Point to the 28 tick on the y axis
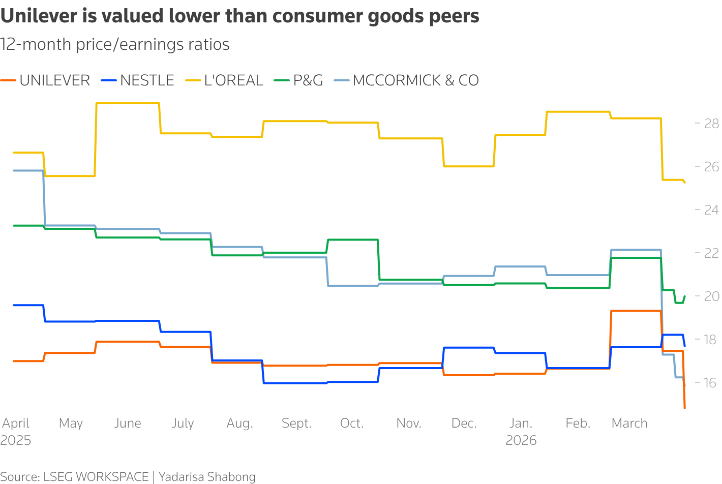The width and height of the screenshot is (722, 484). (711, 124)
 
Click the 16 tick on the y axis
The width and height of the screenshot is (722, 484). (711, 383)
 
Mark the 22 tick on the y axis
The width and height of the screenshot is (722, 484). (711, 253)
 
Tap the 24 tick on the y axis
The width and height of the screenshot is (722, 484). (711, 210)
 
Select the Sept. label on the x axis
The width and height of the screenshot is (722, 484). (296, 423)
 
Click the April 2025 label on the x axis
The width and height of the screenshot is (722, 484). (16, 431)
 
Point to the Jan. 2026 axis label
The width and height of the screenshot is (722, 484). (521, 431)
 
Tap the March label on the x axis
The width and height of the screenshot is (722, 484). (629, 423)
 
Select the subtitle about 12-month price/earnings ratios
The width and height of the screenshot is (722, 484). (115, 45)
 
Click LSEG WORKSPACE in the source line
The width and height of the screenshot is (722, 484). (96, 477)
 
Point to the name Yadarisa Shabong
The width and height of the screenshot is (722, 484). (207, 477)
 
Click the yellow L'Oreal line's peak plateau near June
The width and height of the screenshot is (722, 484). (127, 103)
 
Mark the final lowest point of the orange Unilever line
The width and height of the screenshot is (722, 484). (684, 408)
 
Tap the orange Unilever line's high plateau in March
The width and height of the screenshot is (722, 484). (636, 311)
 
